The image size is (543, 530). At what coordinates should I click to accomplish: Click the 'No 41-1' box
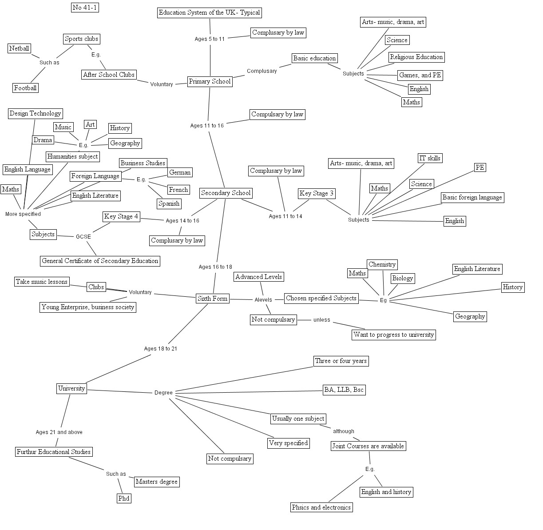84,8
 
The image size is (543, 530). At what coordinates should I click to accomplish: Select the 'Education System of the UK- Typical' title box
209,12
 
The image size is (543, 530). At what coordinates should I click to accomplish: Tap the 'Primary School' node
210,81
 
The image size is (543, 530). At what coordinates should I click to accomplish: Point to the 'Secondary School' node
226,193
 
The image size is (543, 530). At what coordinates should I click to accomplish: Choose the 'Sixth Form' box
212,299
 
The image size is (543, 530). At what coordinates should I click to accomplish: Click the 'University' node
71,388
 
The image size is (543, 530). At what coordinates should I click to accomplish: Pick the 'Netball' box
19,48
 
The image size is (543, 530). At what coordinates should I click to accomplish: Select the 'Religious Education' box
416,57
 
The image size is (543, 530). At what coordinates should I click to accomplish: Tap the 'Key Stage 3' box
316,193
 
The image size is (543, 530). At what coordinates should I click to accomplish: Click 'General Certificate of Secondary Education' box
100,261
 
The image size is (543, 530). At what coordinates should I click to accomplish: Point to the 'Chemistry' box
382,264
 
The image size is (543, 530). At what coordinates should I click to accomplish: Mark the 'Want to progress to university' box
393,335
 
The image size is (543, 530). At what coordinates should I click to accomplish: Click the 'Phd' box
124,498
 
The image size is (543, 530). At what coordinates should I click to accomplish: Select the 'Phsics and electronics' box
321,507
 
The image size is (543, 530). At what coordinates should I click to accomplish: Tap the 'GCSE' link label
83,237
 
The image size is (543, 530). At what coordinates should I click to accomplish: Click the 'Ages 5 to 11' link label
210,39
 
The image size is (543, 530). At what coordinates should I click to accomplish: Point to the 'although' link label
344,431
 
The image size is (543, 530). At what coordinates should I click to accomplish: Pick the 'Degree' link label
163,393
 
